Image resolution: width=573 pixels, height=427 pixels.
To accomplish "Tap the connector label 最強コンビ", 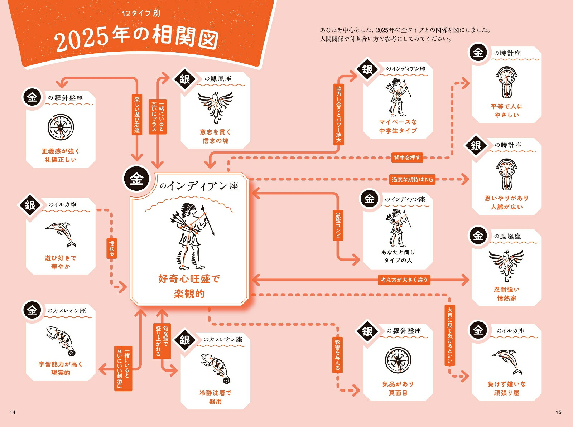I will click(338, 225).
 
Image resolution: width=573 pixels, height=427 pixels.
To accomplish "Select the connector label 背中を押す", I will click(407, 157).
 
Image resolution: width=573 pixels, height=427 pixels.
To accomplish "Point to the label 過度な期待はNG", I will click(412, 179).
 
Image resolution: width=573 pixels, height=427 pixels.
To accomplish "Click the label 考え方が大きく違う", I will click(404, 280).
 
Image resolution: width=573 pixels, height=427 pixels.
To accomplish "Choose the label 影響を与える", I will click(337, 354).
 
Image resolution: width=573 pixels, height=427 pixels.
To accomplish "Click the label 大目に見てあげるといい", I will click(450, 335).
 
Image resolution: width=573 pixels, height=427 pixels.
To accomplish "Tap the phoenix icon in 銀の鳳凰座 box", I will click(215, 106).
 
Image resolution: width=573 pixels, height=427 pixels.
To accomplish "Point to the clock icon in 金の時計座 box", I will click(507, 83).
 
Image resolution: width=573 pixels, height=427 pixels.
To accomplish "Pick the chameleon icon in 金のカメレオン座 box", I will click(61, 340).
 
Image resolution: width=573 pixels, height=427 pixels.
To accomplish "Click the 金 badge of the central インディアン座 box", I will click(136, 179).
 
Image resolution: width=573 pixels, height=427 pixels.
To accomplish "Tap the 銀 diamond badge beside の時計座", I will click(476, 145).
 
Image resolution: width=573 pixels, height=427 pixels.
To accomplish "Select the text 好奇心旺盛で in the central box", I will click(189, 278).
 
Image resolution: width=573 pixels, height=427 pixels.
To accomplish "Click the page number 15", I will click(558, 412).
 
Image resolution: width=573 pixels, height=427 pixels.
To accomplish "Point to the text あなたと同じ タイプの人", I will click(398, 256).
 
